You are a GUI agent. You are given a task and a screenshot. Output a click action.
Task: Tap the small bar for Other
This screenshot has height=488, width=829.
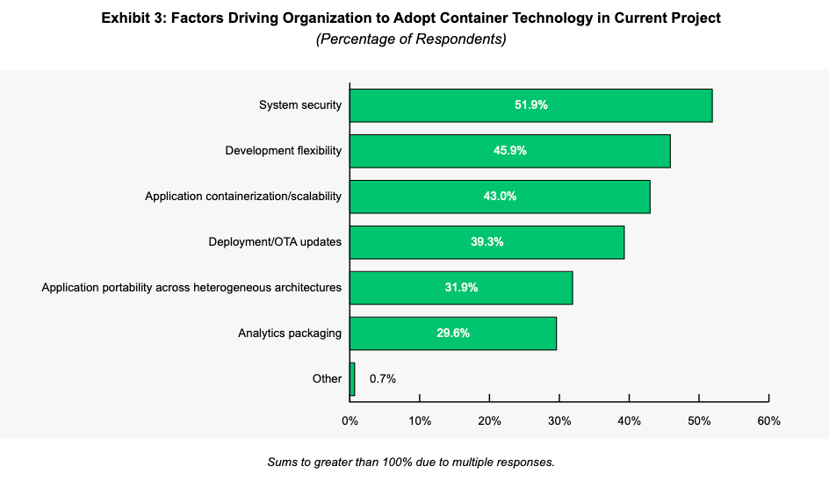352,379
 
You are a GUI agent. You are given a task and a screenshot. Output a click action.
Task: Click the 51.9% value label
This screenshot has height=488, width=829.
531,105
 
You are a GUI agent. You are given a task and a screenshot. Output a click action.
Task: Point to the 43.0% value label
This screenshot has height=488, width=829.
500,197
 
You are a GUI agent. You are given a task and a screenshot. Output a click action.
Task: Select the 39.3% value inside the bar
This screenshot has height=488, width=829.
487,242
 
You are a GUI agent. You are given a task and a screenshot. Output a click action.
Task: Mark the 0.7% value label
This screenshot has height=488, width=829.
383,379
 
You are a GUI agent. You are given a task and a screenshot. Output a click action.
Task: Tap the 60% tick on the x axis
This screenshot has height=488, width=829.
768,421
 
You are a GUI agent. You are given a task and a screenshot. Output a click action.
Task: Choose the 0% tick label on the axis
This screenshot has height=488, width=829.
350,421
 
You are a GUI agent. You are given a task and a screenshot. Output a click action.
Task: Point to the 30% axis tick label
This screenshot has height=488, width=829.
559,421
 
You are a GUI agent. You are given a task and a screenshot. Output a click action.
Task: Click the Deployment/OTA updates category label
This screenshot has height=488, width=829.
275,242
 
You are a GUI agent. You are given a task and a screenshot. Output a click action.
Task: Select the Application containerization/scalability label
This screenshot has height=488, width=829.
243,197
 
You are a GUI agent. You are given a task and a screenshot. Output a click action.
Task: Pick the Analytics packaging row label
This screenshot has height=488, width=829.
290,334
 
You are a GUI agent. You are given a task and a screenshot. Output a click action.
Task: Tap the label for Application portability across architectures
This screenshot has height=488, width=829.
191,288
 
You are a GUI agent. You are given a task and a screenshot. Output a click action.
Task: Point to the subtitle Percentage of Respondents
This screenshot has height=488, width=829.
411,39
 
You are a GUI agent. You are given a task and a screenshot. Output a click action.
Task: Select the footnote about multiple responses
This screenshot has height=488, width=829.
411,462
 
